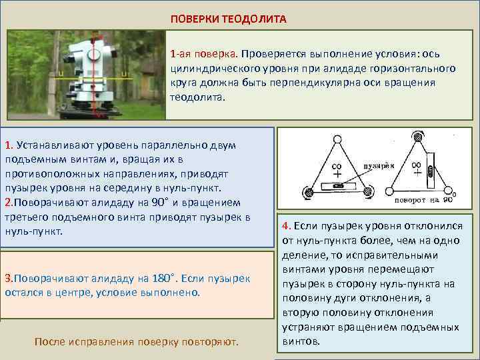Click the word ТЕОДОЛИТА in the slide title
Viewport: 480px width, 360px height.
pos(255,19)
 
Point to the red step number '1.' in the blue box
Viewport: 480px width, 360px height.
pos(9,145)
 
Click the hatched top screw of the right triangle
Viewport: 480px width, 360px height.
pos(417,136)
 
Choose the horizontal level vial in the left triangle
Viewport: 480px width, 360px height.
pos(339,186)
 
